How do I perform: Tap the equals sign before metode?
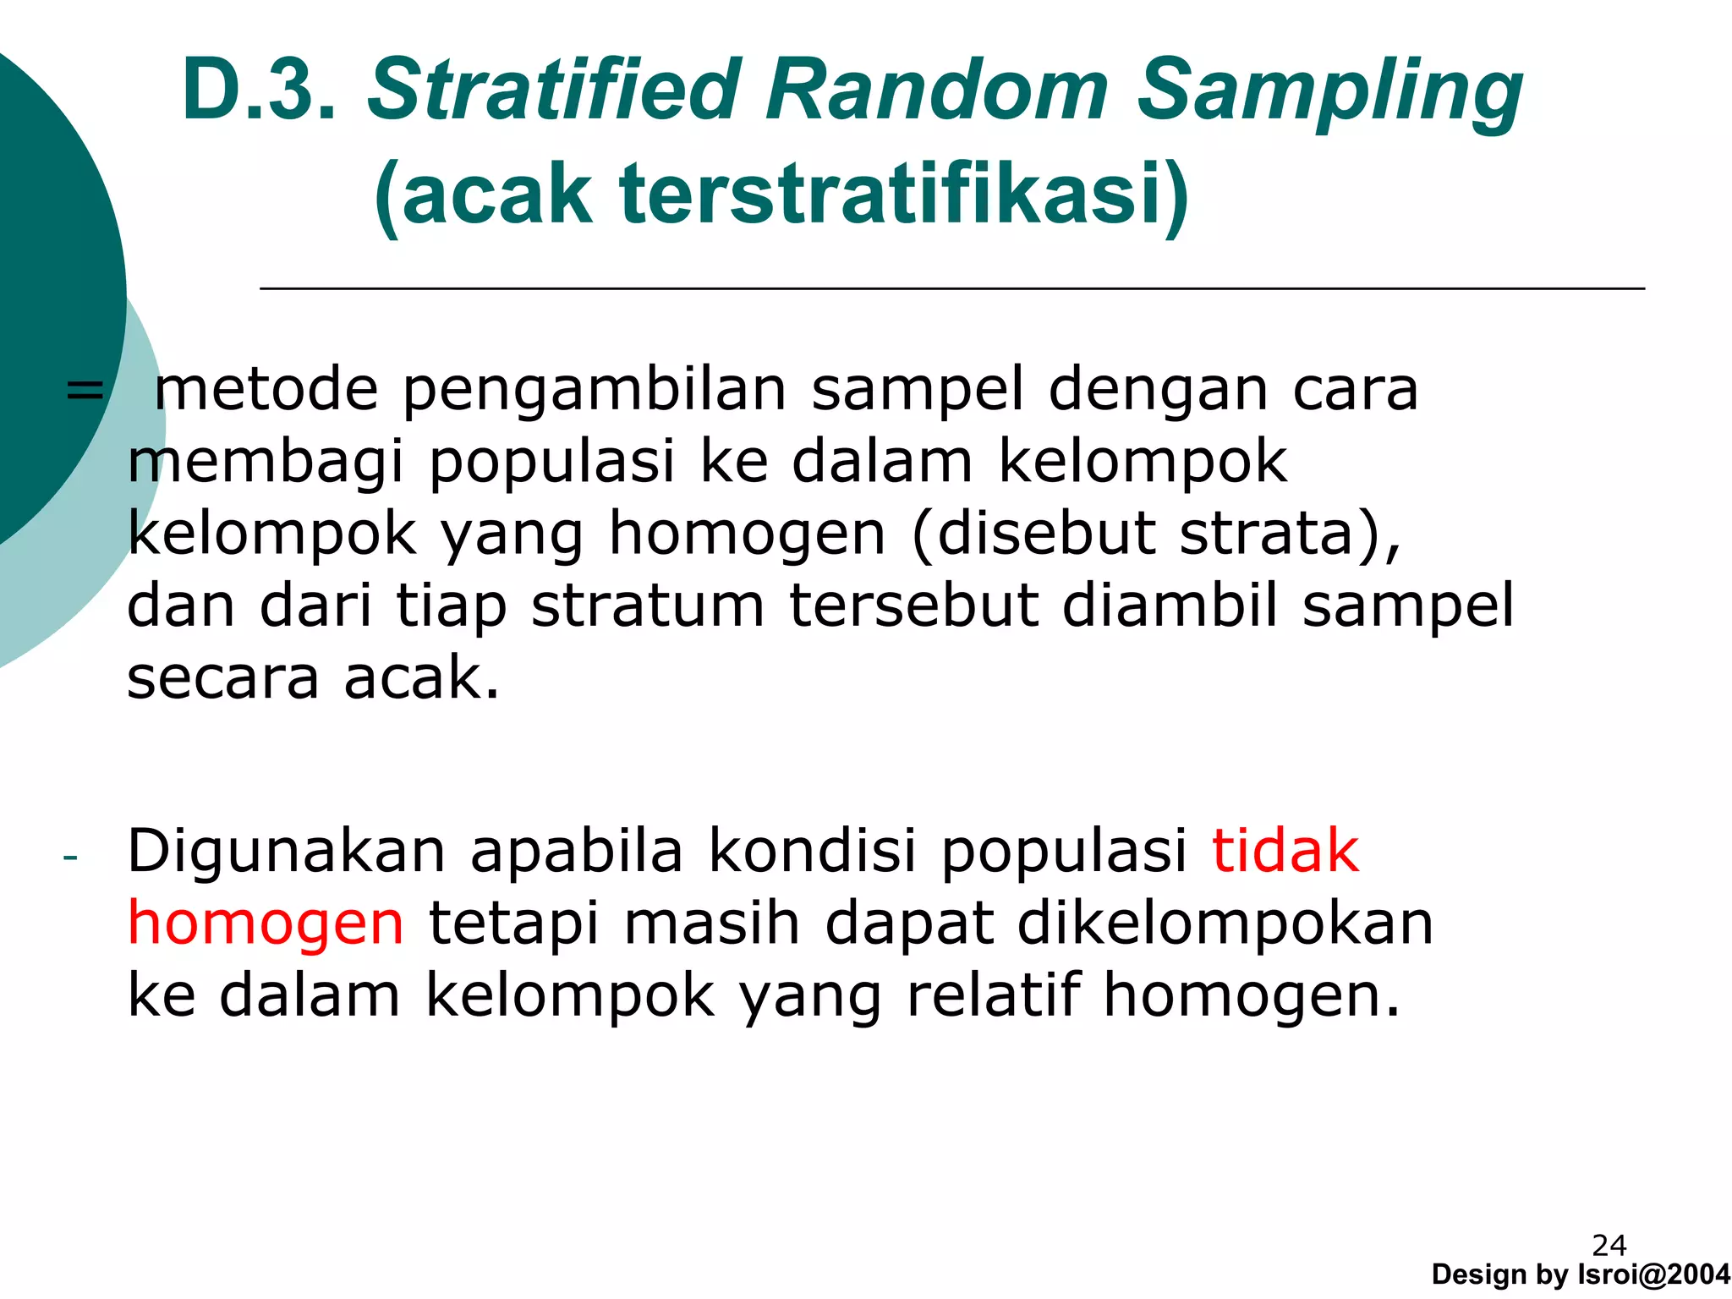point(84,391)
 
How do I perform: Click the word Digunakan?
point(286,852)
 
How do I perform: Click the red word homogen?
point(266,924)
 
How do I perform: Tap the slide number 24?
point(1609,1245)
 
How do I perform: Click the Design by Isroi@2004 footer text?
point(1581,1274)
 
